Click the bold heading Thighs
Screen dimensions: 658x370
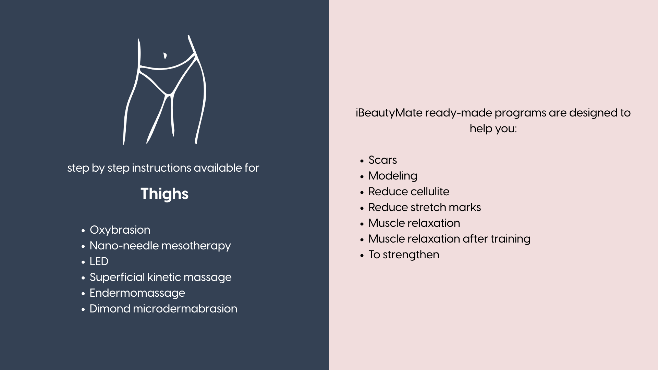[x=164, y=194]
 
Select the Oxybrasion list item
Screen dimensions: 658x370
[x=120, y=230]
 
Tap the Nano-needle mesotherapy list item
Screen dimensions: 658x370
[x=160, y=246]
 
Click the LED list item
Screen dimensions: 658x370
[x=99, y=261]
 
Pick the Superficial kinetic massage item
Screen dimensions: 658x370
[x=160, y=277]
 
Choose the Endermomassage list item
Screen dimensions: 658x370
[x=137, y=293]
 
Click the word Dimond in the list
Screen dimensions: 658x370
[x=110, y=309]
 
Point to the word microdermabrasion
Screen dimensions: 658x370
[x=185, y=309]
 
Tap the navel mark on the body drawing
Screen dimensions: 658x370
[x=165, y=56]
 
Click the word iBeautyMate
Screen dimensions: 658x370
[x=389, y=113]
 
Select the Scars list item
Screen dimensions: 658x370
[x=382, y=160]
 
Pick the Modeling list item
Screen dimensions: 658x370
[x=393, y=176]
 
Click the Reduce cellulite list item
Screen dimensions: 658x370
[x=409, y=192]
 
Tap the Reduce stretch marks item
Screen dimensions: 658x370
[x=425, y=207]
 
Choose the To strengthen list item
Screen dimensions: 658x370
[x=404, y=255]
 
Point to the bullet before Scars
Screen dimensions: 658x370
[x=362, y=161]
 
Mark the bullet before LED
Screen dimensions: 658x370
[x=83, y=262]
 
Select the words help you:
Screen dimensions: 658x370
[x=493, y=129]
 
